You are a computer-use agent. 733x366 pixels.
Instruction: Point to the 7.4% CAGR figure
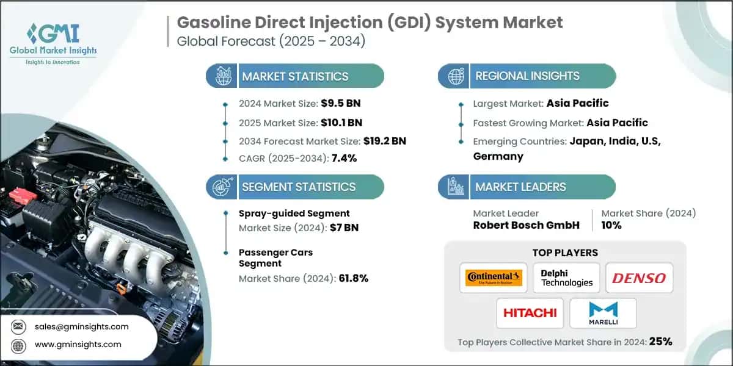[343, 158]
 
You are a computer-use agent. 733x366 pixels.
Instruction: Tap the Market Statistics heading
[295, 76]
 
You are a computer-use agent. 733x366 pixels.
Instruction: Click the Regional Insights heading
[527, 76]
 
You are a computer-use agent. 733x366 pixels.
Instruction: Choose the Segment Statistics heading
[299, 187]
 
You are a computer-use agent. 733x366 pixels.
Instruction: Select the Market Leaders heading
[520, 187]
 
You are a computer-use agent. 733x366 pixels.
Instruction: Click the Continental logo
[494, 278]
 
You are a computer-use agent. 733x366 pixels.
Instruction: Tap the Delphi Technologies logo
[566, 278]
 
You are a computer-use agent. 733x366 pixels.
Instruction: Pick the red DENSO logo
[639, 278]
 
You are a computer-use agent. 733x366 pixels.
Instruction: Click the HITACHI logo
[530, 313]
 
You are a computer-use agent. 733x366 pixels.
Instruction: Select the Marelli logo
[602, 313]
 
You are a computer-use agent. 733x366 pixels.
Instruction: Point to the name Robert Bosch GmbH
[526, 225]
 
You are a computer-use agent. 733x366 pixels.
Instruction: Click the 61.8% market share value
[354, 278]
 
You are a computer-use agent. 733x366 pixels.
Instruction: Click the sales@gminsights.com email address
[82, 326]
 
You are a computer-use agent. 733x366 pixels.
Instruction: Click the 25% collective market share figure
[661, 342]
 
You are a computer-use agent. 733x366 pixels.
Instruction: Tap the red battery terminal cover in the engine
[23, 195]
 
